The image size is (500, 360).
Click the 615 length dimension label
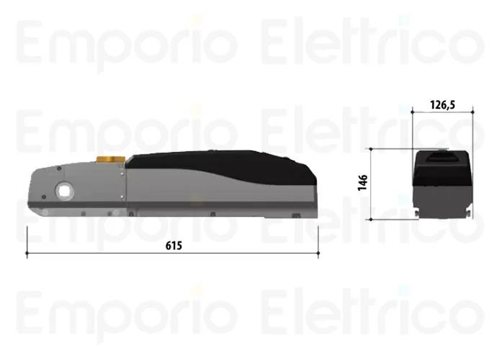click(174, 246)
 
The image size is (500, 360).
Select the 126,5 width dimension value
click(442, 104)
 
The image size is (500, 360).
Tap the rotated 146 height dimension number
click(362, 183)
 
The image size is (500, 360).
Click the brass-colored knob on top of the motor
click(110, 159)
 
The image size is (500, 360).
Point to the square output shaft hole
click(64, 191)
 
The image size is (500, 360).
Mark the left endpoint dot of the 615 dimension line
click(27, 253)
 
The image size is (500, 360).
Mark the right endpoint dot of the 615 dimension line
click(318, 253)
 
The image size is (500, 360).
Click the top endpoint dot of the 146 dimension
click(371, 149)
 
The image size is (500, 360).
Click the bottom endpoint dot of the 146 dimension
click(371, 220)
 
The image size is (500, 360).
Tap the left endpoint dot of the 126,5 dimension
click(412, 112)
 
